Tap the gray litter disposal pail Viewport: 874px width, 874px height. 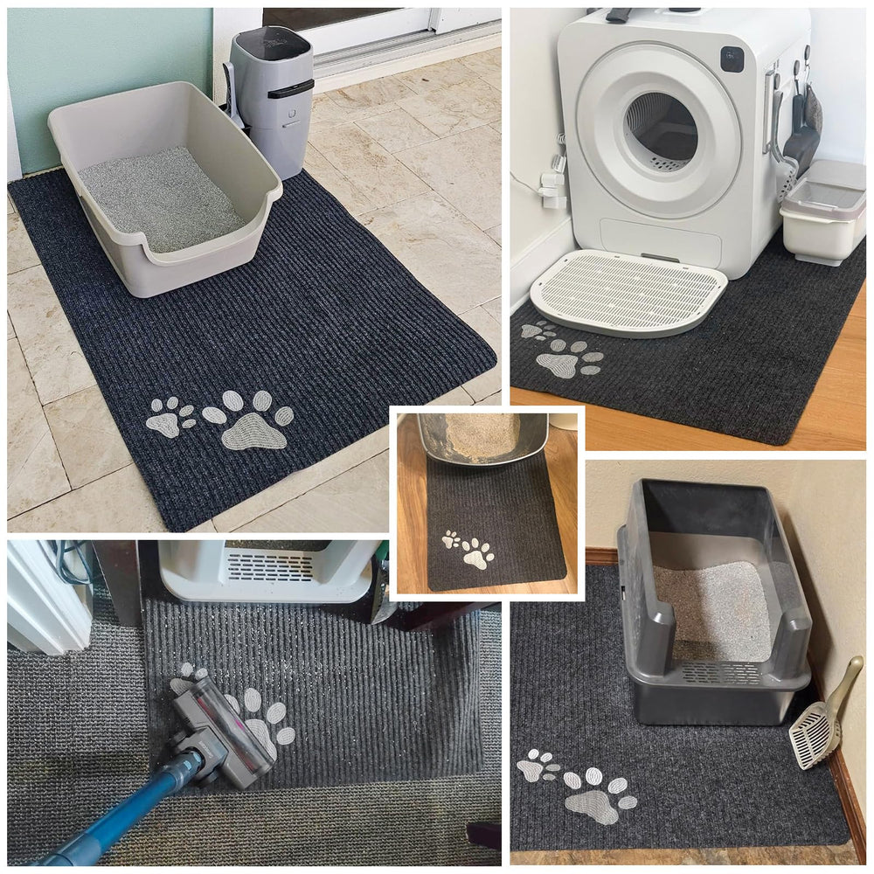[273, 96]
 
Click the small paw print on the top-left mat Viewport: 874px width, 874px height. [170, 417]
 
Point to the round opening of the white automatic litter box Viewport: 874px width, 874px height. [662, 131]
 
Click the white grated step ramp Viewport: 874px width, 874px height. [628, 290]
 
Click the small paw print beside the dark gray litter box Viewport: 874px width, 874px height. [537, 766]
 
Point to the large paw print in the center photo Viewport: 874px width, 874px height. [477, 553]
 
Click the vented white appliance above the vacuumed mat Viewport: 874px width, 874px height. [271, 568]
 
